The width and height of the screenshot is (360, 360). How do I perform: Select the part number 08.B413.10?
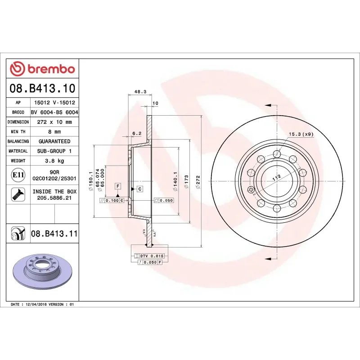coord(42,88)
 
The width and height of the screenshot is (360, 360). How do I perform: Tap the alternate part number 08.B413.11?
coord(54,234)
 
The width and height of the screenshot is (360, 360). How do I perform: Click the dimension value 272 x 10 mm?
coord(54,122)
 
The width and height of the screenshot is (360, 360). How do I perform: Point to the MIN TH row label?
coord(18,132)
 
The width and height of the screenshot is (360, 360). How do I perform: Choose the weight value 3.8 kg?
coord(54,161)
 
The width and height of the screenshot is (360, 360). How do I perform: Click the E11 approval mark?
coord(18,175)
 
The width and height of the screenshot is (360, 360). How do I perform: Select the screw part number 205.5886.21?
coord(54,198)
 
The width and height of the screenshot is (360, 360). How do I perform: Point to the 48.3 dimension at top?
coord(140,92)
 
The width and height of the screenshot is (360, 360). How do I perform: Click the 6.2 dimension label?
coord(137,133)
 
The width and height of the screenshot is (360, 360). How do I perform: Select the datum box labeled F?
coord(118,186)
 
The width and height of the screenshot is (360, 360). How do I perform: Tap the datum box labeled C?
coord(140,189)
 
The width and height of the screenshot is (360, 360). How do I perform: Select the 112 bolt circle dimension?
coord(276,177)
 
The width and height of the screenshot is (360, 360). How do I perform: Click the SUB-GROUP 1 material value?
coord(54,151)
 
